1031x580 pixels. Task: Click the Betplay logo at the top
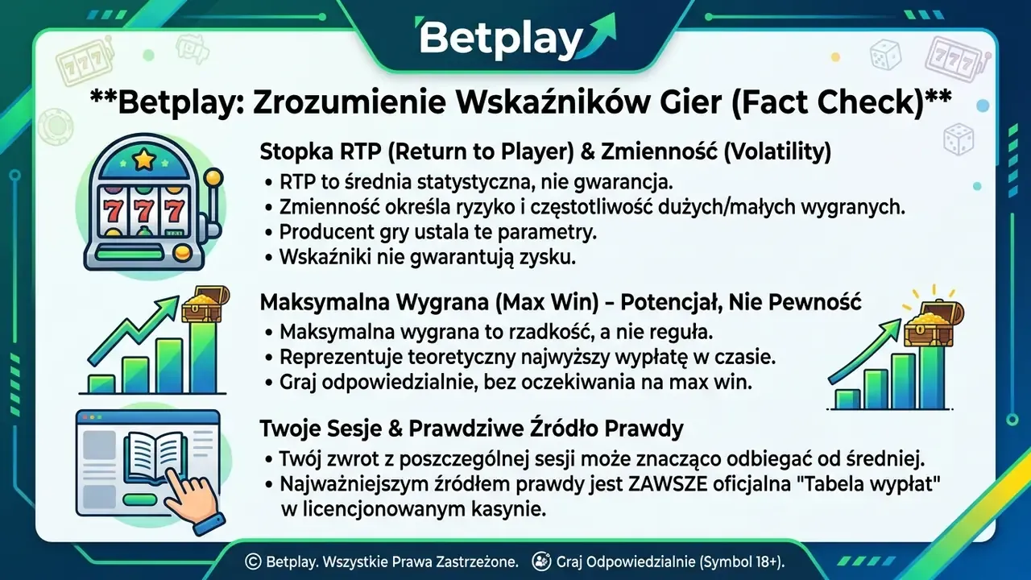pos(515,38)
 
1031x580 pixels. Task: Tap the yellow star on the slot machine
pos(144,159)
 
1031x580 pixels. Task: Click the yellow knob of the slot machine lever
pos(213,178)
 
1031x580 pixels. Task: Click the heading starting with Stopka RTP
pos(545,152)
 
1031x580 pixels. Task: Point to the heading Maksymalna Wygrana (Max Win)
pos(560,302)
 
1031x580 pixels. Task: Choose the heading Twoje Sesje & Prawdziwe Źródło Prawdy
pos(472,429)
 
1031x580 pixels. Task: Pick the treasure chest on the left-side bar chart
pos(205,304)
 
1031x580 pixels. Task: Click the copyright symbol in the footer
pos(253,561)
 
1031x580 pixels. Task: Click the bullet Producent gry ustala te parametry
pos(437,233)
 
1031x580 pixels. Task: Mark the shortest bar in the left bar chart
pos(101,384)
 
